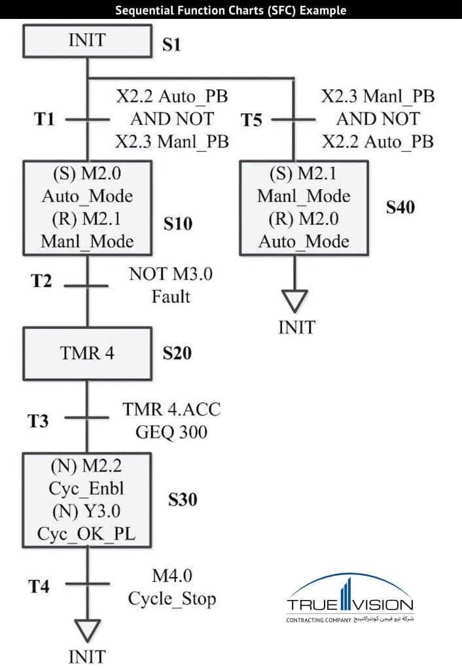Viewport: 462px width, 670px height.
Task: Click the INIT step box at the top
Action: [x=87, y=41]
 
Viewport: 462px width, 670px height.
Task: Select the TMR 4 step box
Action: [x=87, y=353]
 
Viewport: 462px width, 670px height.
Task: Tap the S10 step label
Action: [x=178, y=224]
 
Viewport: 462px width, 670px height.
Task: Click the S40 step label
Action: [x=400, y=207]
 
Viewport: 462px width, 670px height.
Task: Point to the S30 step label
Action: [x=183, y=500]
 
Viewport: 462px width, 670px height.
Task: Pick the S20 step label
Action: [x=177, y=353]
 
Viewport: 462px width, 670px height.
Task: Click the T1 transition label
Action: [x=44, y=120]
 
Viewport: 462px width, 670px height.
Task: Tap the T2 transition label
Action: [x=41, y=281]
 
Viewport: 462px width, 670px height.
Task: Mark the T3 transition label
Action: [x=38, y=421]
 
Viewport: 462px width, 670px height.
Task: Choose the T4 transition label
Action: [x=39, y=586]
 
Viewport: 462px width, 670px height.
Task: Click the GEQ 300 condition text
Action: [x=171, y=432]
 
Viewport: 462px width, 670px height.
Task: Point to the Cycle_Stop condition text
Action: [x=171, y=599]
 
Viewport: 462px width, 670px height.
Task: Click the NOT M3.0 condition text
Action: [x=171, y=274]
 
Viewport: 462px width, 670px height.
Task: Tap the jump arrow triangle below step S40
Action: [x=296, y=300]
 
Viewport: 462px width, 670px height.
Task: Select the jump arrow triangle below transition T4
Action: [x=86, y=631]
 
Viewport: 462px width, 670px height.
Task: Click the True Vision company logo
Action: [x=350, y=599]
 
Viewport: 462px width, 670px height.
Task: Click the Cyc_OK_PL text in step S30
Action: [x=87, y=535]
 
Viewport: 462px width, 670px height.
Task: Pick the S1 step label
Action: [x=171, y=45]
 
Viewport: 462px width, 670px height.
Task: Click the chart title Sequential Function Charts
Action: [x=231, y=10]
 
